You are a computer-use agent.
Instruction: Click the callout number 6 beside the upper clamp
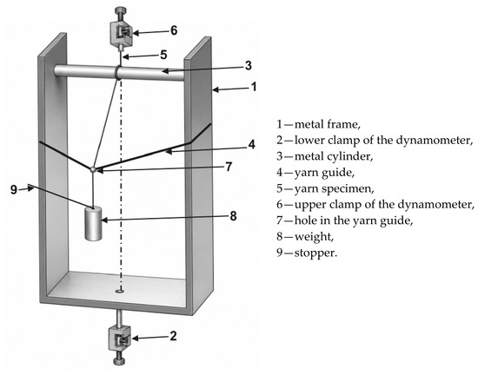(x=174, y=30)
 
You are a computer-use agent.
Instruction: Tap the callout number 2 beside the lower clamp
(x=173, y=336)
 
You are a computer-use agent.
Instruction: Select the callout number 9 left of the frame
(x=14, y=189)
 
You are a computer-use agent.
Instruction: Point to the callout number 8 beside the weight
(x=233, y=216)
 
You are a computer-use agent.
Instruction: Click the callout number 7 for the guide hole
(x=229, y=167)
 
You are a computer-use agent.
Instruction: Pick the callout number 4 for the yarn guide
(x=251, y=144)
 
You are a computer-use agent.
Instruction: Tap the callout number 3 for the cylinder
(x=249, y=65)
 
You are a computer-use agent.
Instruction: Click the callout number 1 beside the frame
(x=253, y=87)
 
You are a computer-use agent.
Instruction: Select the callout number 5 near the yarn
(x=163, y=55)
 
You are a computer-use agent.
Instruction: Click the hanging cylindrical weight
(x=93, y=224)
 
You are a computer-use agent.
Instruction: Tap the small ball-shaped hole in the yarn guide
(x=94, y=169)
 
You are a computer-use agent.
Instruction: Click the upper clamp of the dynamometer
(x=121, y=34)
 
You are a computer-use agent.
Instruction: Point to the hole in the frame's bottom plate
(x=120, y=292)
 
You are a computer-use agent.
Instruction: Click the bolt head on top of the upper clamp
(x=120, y=11)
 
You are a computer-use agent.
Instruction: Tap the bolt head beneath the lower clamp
(x=119, y=361)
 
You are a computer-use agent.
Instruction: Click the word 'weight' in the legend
(x=313, y=237)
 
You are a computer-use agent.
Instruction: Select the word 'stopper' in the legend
(x=315, y=253)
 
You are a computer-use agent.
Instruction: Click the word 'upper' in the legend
(x=309, y=205)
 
